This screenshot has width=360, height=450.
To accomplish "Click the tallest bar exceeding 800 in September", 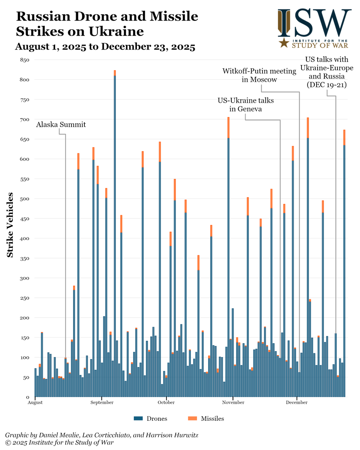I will pos(115,232).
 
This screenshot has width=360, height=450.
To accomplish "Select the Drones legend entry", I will pos(150,418).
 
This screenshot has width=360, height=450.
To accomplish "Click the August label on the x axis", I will pos(35,403).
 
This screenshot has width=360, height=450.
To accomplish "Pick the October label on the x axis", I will pos(166,403).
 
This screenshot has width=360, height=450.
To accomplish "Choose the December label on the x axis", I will pos(297,403).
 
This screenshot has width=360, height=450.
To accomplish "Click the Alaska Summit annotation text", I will pos(61,125).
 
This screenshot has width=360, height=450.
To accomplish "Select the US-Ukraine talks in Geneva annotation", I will pos(246,105).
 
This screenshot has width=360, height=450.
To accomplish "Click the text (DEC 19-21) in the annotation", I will pos(326,85).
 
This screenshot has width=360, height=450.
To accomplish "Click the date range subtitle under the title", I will pos(105,47).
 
